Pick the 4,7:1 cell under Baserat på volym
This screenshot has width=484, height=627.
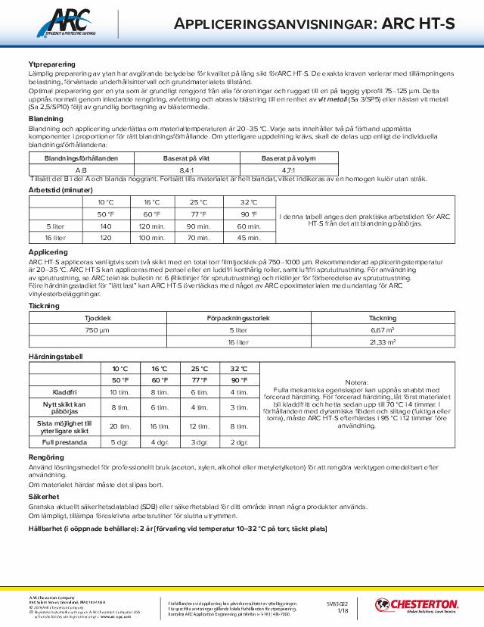click(x=290, y=170)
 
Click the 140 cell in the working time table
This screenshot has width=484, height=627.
click(x=105, y=226)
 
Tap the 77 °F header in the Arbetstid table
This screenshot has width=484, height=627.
click(x=197, y=214)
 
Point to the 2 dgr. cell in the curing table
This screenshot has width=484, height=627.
click(x=238, y=441)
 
